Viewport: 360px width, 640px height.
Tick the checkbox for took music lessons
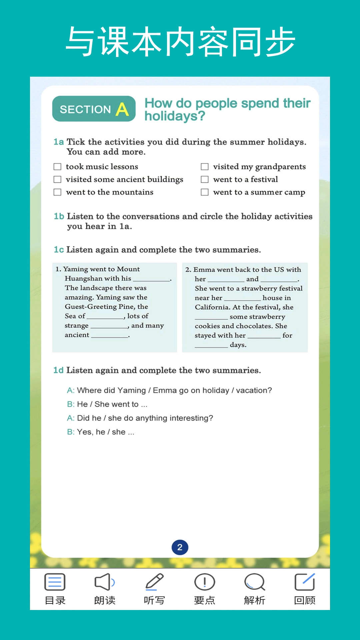[58, 167]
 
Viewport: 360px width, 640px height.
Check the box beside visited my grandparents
[205, 167]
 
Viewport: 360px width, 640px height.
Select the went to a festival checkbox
[205, 179]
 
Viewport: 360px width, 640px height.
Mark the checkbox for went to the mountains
[58, 192]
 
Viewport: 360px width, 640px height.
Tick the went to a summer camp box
[205, 192]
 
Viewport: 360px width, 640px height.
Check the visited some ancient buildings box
[58, 179]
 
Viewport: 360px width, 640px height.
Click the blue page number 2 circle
[180, 547]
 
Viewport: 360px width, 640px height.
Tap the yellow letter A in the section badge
[122, 109]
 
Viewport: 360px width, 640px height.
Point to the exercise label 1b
[59, 216]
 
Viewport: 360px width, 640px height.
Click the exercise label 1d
[58, 370]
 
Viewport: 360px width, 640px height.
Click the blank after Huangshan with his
[151, 279]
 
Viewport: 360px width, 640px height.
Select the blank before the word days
[211, 345]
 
